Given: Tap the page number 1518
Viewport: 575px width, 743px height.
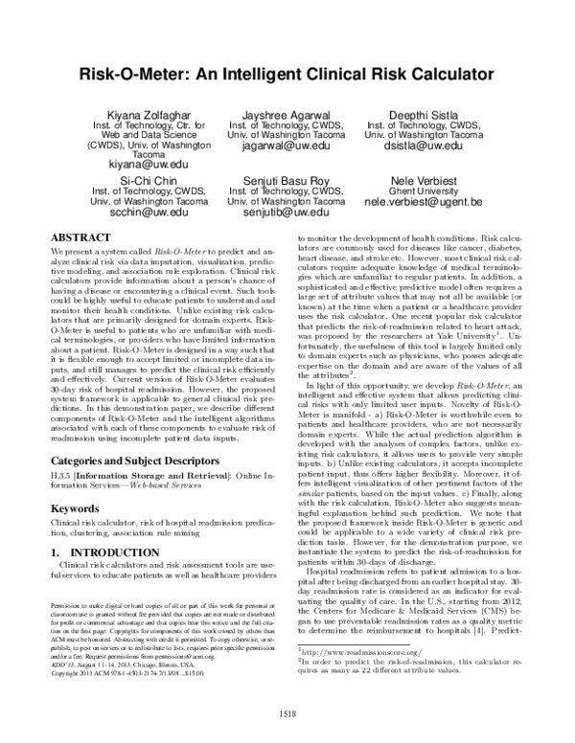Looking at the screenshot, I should click(x=287, y=711).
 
